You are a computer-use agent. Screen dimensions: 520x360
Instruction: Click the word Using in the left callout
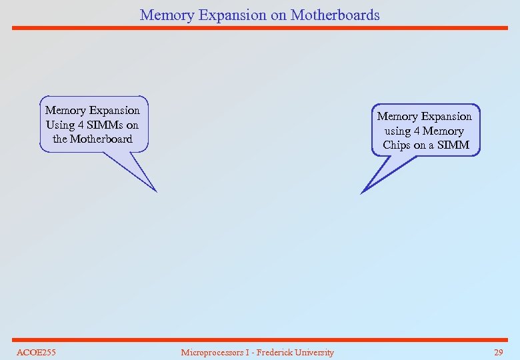pyautogui.click(x=60, y=125)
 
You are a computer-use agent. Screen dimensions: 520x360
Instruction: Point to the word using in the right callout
pyautogui.click(x=397, y=131)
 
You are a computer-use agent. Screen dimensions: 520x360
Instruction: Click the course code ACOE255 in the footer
pyautogui.click(x=36, y=352)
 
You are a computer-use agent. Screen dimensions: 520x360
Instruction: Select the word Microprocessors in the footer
pyautogui.click(x=214, y=352)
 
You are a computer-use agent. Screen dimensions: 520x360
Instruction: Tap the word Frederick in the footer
pyautogui.click(x=280, y=352)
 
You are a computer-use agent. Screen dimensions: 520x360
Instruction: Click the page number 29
pyautogui.click(x=498, y=352)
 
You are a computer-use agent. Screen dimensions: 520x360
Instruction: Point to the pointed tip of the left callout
pyautogui.click(x=156, y=191)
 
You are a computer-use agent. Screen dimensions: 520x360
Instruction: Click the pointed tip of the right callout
pyautogui.click(x=361, y=193)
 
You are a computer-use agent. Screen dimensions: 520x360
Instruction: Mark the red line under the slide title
pyautogui.click(x=260, y=28)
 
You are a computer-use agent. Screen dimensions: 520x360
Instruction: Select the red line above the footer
pyautogui.click(x=260, y=339)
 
